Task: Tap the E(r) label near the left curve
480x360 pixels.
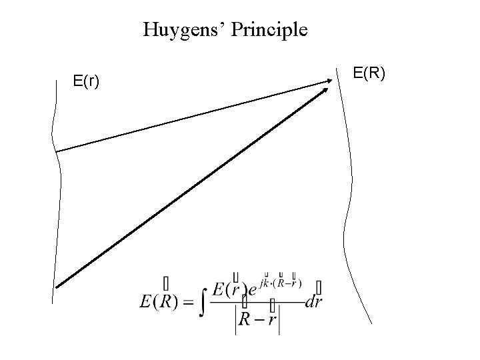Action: pyautogui.click(x=87, y=81)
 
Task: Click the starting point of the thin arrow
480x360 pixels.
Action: pyautogui.click(x=56, y=152)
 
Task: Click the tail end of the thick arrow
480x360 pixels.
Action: pyautogui.click(x=57, y=287)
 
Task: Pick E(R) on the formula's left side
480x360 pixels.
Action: pyautogui.click(x=158, y=301)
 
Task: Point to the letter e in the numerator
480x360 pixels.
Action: pyautogui.click(x=253, y=291)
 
